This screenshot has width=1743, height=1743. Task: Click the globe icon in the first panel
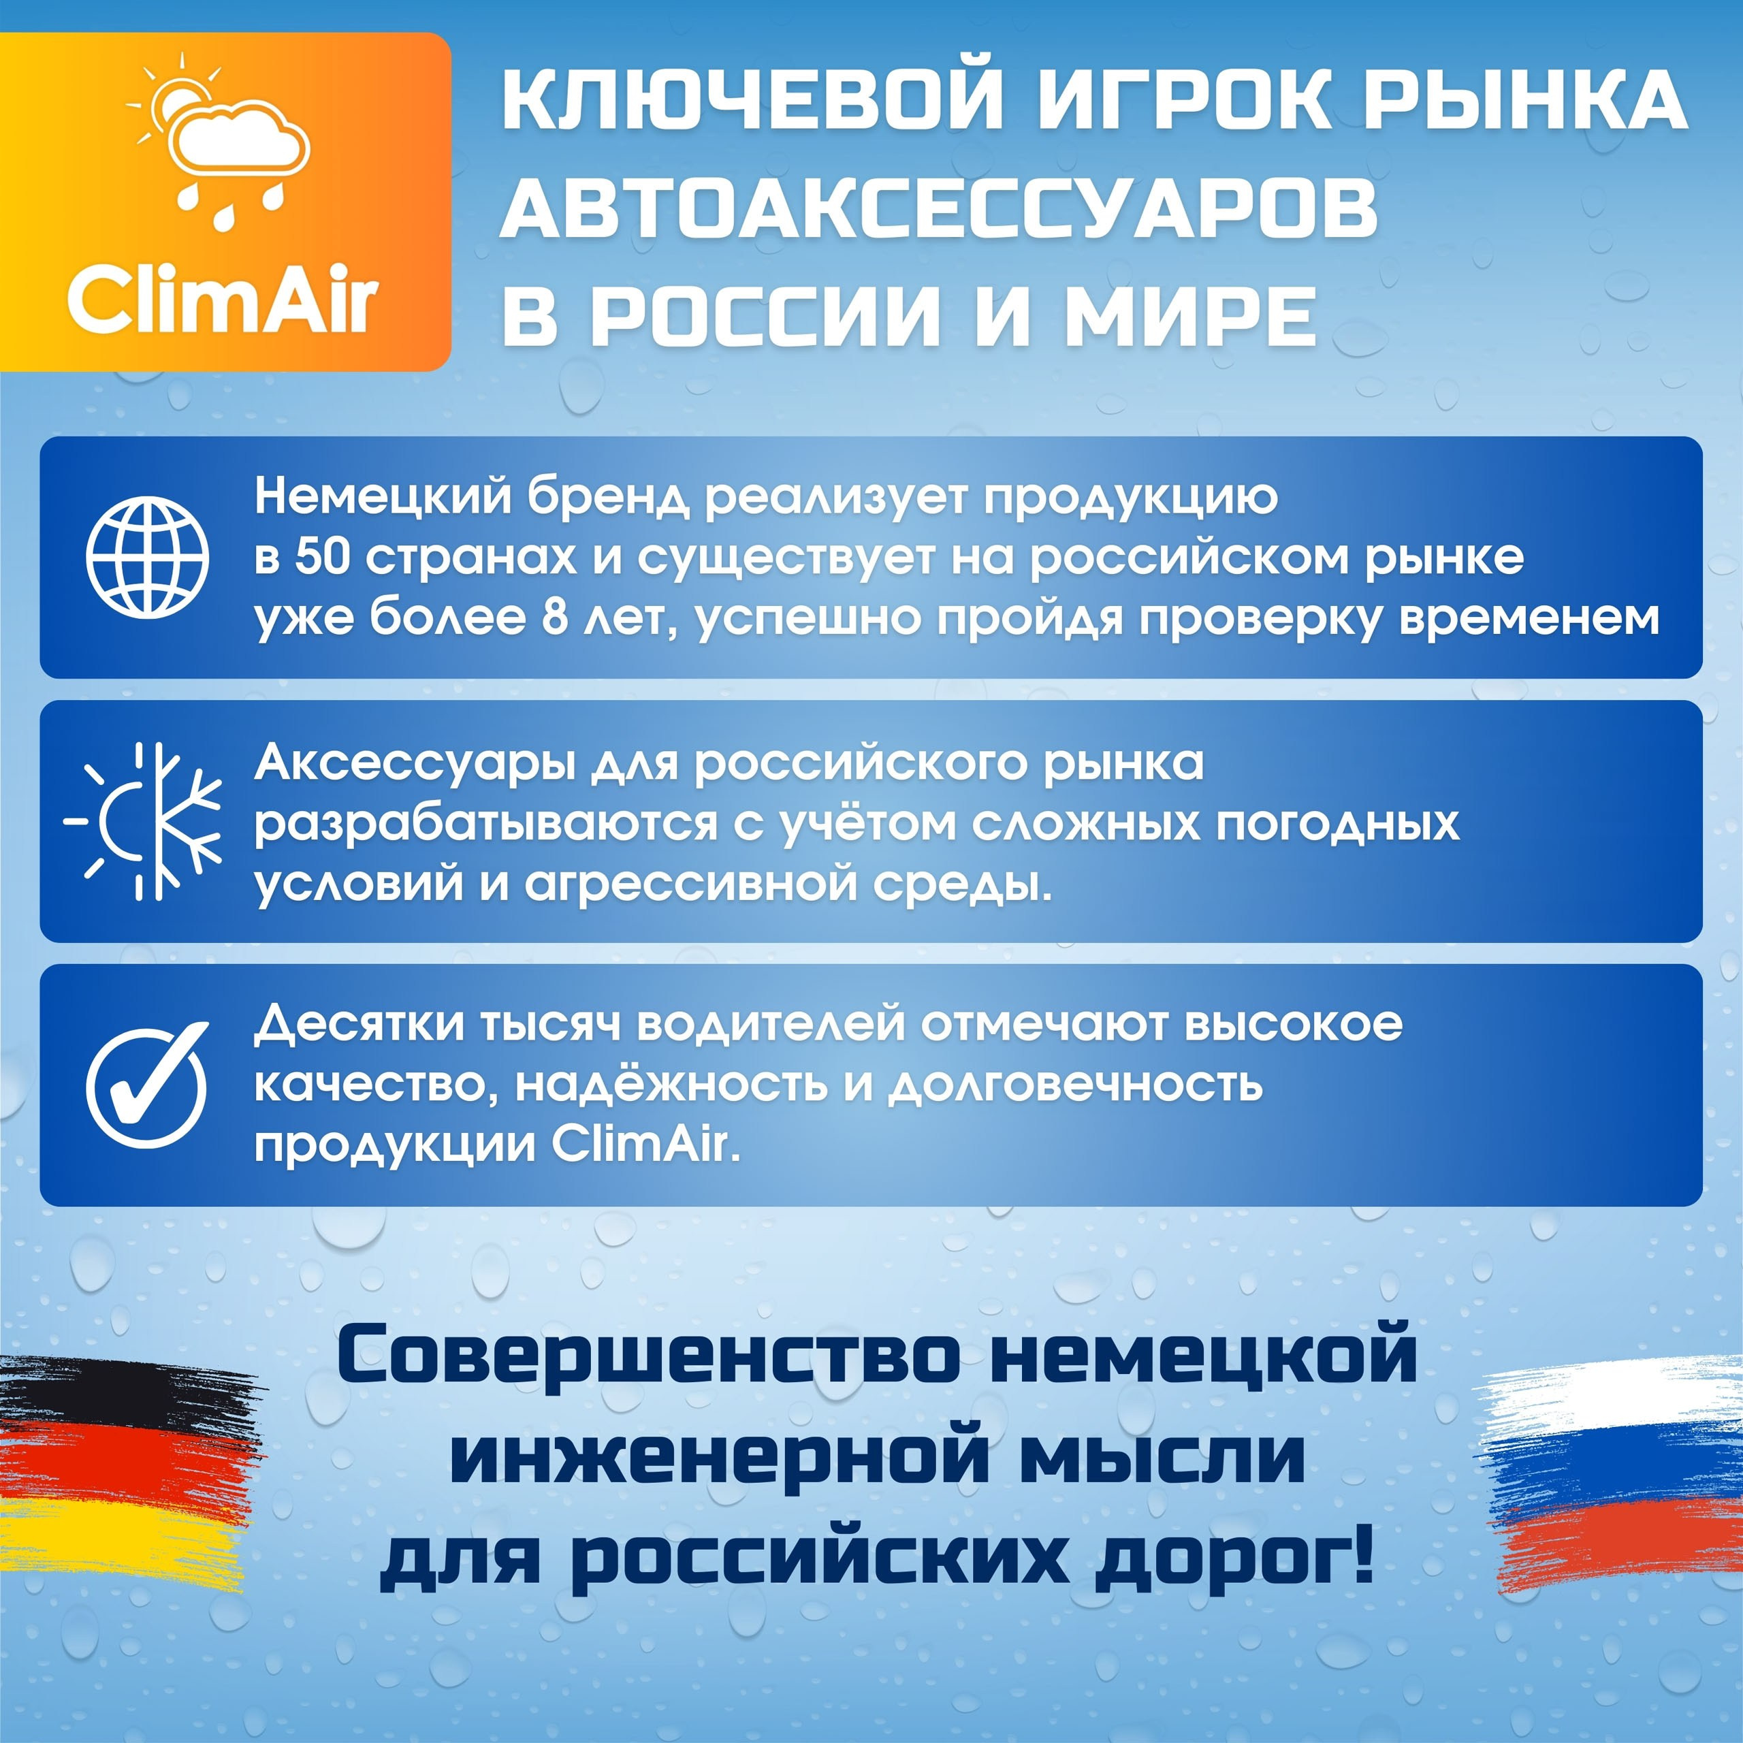coord(147,557)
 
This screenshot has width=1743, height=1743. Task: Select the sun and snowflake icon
coord(144,821)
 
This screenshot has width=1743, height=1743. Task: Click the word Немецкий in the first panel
coord(383,497)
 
